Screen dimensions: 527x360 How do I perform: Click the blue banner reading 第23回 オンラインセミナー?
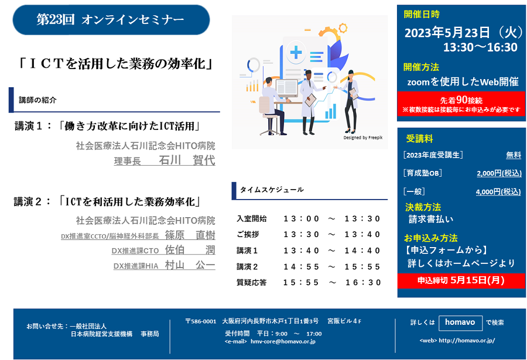click(x=111, y=20)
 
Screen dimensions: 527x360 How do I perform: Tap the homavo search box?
click(x=460, y=323)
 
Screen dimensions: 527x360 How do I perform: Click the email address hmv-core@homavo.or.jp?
click(x=283, y=341)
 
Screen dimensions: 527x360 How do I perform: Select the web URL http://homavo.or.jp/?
click(x=467, y=341)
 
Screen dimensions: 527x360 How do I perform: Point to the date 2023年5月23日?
click(x=447, y=33)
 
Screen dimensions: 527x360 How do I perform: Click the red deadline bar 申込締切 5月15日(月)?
click(x=461, y=280)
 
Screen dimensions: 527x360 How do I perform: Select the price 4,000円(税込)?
click(x=498, y=192)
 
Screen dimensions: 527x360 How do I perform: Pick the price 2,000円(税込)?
click(x=499, y=173)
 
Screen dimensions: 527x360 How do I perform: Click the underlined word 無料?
click(x=514, y=155)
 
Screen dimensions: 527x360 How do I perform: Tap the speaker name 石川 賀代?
click(x=187, y=160)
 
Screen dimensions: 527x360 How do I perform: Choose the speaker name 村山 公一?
click(x=190, y=265)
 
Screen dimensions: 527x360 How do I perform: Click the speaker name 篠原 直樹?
click(x=190, y=235)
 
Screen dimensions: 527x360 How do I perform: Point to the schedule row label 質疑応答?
click(x=251, y=282)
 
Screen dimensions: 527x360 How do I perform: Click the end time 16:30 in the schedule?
click(x=363, y=282)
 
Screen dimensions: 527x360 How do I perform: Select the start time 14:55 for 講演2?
click(x=301, y=266)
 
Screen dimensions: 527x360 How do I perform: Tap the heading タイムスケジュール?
click(x=272, y=190)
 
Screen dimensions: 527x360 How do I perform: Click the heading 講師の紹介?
click(x=37, y=100)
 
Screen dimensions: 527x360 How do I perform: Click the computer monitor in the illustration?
click(x=287, y=88)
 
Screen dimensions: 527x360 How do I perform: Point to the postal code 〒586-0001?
click(x=201, y=321)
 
